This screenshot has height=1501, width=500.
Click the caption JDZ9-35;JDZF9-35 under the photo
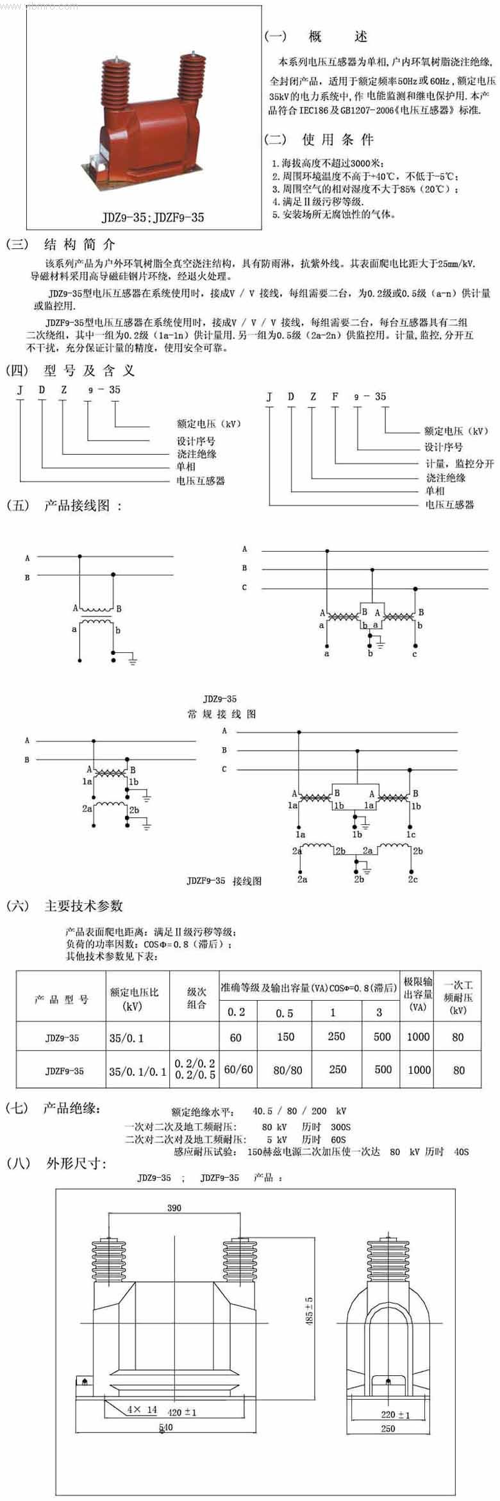click(x=153, y=217)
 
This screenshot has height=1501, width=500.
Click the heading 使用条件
click(x=337, y=139)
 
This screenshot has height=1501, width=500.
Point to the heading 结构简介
click(x=79, y=244)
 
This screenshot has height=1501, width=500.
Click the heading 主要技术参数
click(x=83, y=906)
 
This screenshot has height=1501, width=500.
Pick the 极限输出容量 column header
click(x=417, y=994)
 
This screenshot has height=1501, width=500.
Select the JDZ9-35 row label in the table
click(x=62, y=1037)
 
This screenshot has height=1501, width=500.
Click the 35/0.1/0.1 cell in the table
click(x=137, y=1071)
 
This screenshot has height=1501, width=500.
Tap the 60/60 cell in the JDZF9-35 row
click(x=238, y=1070)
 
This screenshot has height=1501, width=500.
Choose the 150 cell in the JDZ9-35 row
click(x=285, y=1037)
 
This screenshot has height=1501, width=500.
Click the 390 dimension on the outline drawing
click(x=174, y=1207)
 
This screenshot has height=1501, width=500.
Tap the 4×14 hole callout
click(x=142, y=1409)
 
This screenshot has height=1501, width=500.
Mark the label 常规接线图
click(x=221, y=714)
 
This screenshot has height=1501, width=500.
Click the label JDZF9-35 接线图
click(x=224, y=881)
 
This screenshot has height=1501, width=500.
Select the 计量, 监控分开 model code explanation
click(x=460, y=464)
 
